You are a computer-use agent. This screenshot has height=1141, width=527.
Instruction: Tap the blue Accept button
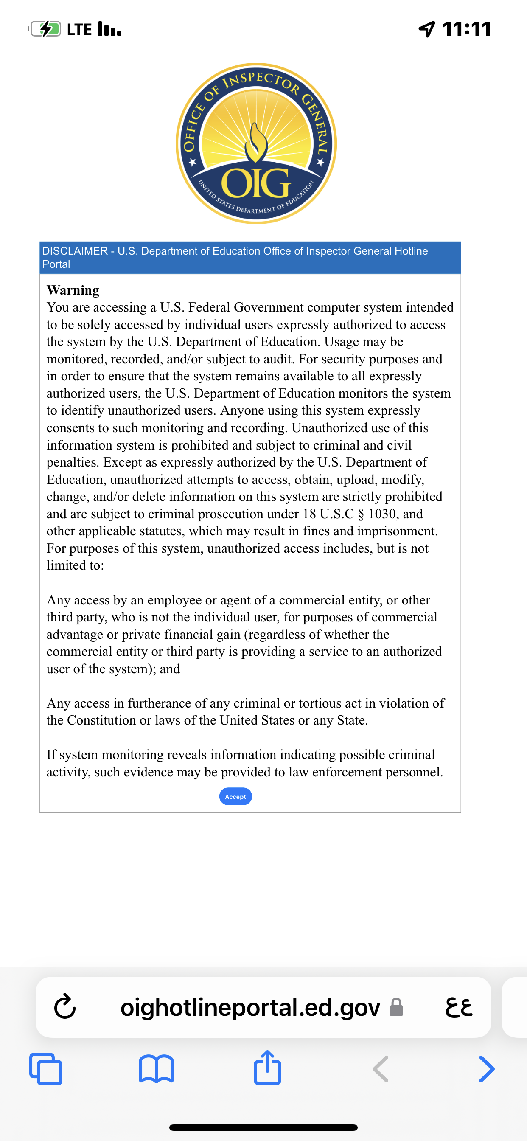(235, 796)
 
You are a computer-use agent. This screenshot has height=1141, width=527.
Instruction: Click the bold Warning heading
(73, 290)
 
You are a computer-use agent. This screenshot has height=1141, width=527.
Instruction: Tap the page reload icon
(65, 1007)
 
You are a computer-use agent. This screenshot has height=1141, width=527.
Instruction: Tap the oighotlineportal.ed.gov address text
(250, 1007)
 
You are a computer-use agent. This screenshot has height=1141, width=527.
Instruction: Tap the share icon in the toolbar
(267, 1068)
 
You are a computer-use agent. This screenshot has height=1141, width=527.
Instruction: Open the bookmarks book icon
(156, 1069)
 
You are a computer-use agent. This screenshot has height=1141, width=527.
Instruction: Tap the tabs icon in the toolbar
(46, 1069)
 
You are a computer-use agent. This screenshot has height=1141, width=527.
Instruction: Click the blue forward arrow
(486, 1069)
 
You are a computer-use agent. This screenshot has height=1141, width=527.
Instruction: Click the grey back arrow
(381, 1069)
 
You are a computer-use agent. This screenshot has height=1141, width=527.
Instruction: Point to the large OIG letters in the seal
(256, 183)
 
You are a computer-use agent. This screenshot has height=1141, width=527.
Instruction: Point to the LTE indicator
(80, 29)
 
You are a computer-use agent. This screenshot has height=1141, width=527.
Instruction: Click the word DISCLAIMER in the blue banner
(75, 251)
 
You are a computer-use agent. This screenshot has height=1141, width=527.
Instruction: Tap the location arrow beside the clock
(427, 29)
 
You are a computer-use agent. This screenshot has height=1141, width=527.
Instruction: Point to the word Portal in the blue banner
(56, 264)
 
